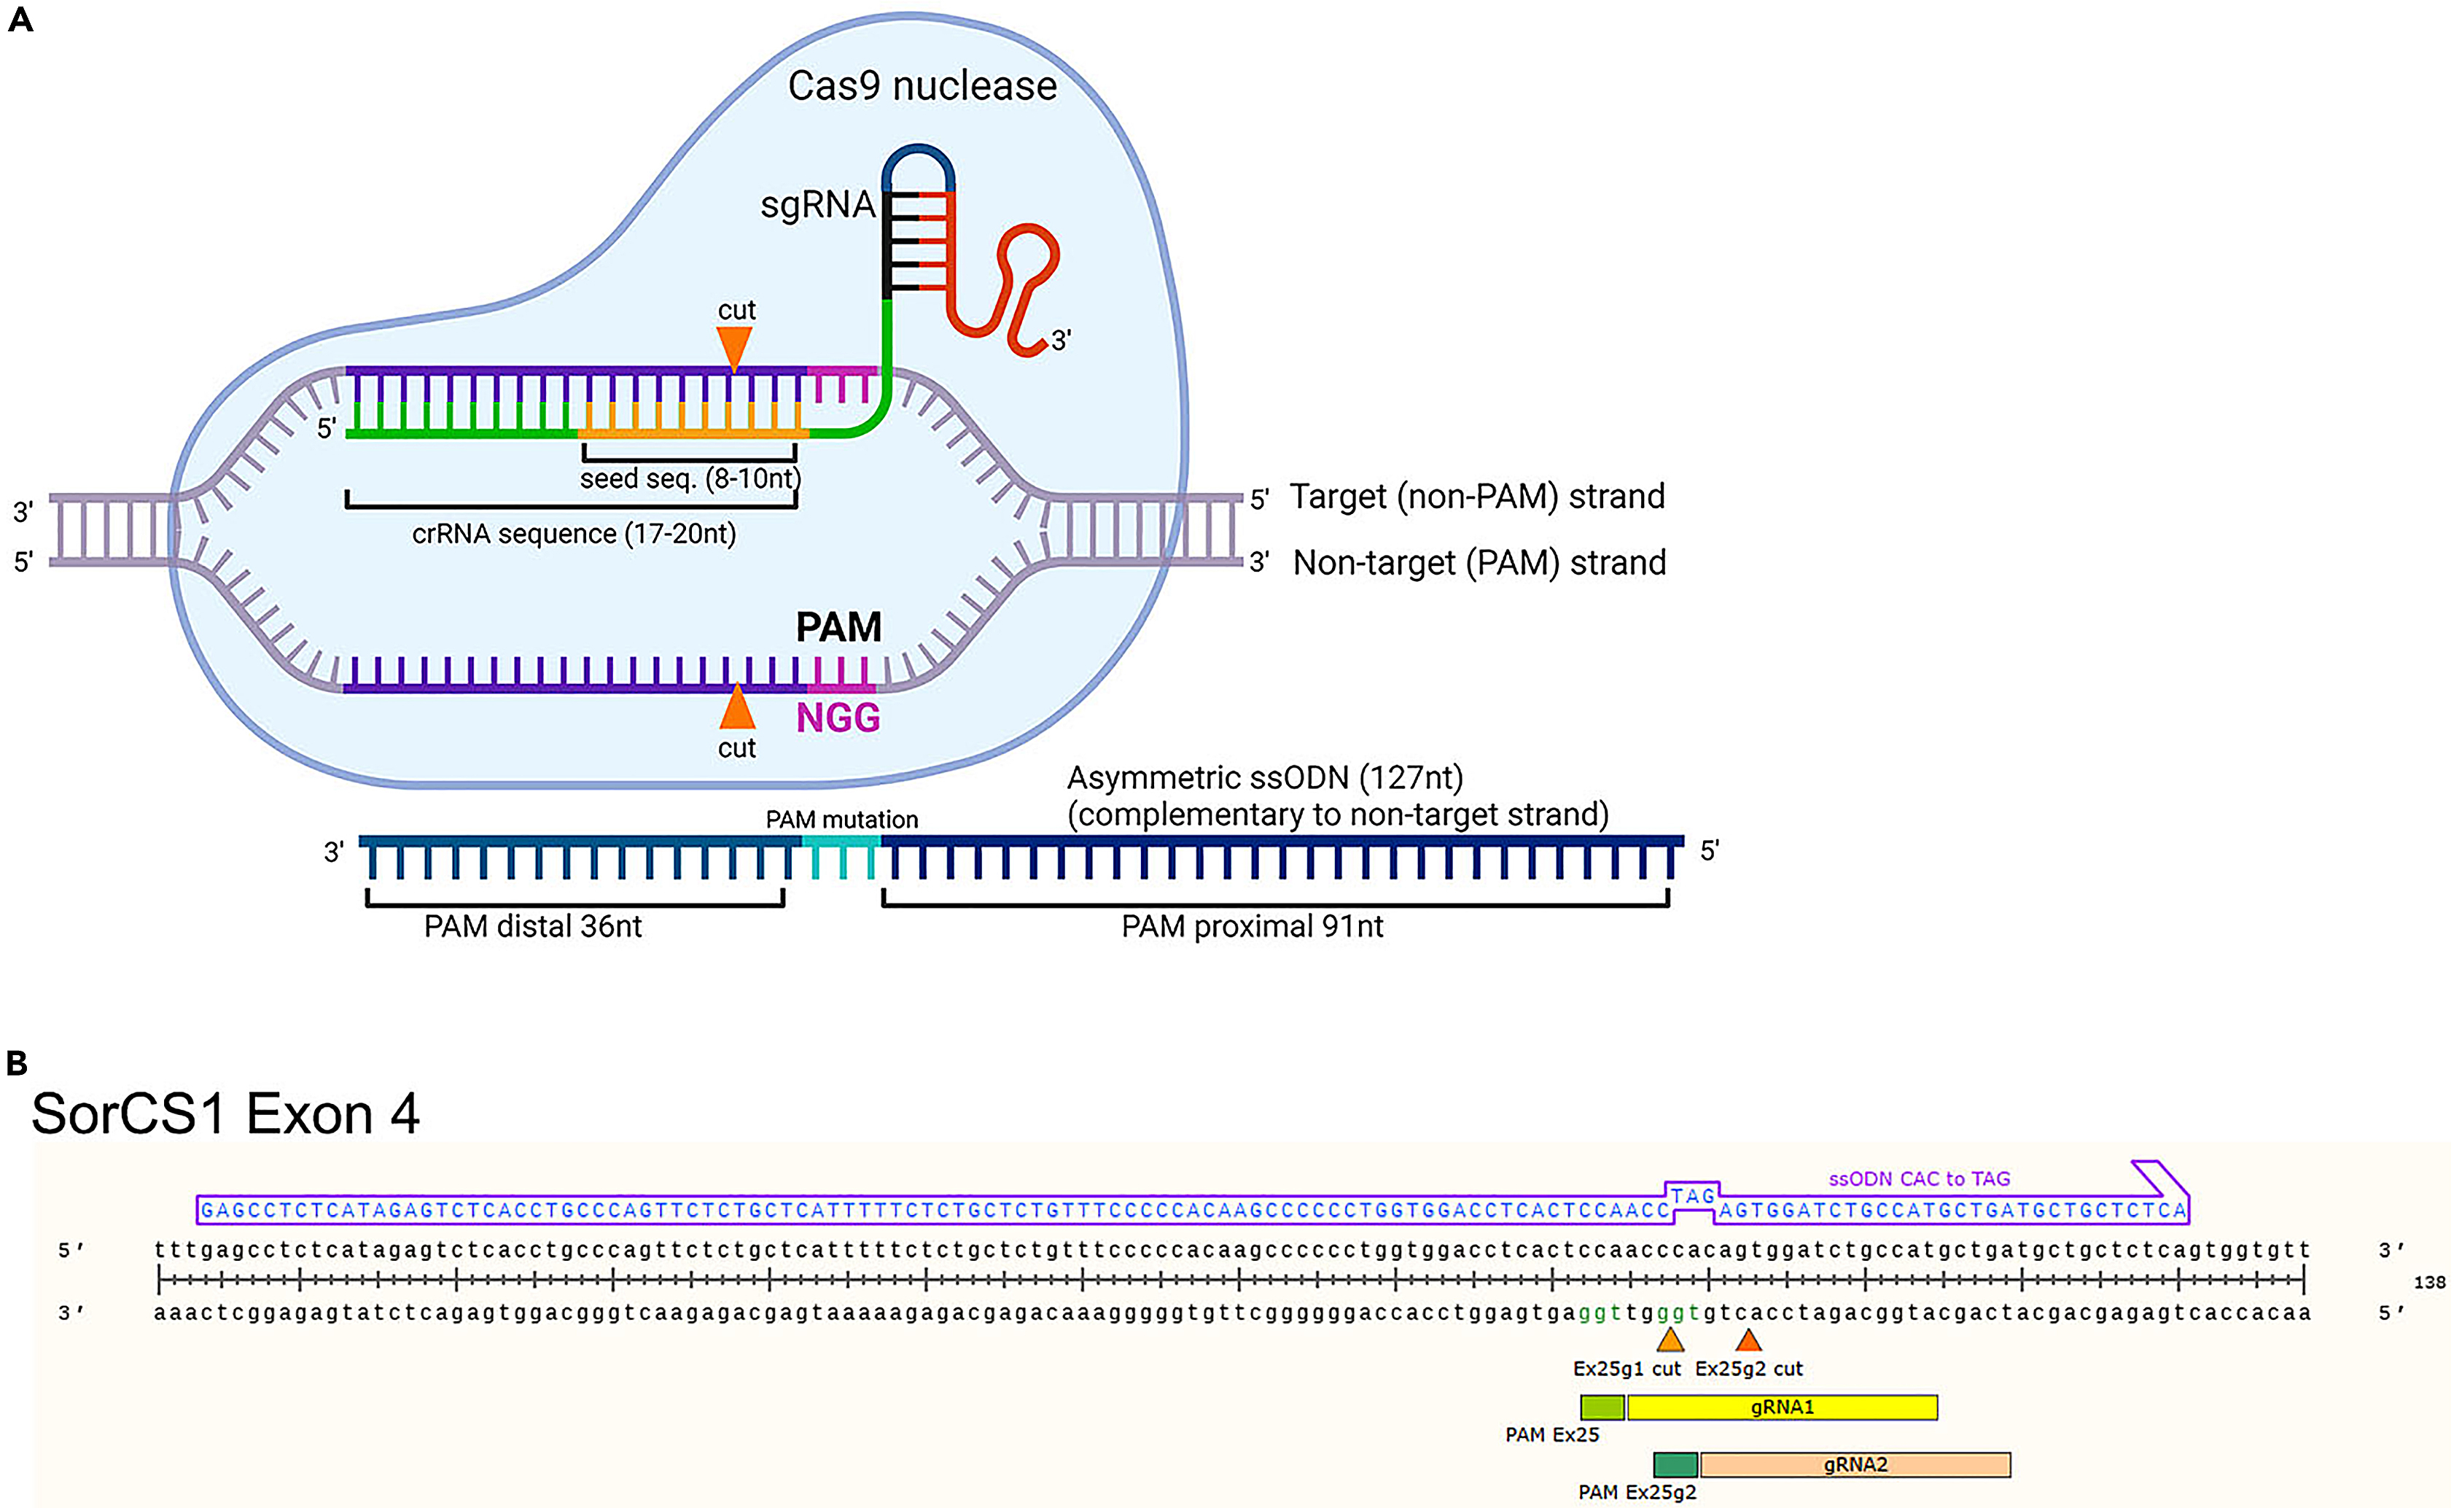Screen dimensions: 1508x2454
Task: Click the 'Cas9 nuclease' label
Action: pos(922,86)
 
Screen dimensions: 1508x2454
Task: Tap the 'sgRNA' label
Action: pos(817,206)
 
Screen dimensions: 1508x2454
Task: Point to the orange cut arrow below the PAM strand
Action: pos(737,708)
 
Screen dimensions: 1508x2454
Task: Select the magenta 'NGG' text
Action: pos(838,718)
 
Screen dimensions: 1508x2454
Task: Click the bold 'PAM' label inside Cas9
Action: pos(838,627)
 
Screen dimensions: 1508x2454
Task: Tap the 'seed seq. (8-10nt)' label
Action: pos(690,479)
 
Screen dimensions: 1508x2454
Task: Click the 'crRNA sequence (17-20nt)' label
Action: pos(573,534)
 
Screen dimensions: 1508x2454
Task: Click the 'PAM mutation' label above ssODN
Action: pos(841,820)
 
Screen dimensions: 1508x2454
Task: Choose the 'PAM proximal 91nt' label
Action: pos(1252,927)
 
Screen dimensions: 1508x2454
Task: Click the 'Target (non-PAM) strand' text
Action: pos(1477,497)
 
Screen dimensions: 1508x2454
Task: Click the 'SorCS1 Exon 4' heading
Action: pos(225,1114)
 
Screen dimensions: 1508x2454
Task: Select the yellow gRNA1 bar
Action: pos(1781,1407)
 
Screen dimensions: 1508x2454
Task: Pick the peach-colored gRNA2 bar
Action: pos(1855,1465)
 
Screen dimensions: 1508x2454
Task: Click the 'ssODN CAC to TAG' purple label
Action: pos(1919,1179)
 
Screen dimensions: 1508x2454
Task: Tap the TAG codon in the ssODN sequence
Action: pos(1692,1196)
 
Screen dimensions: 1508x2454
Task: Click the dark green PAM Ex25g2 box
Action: pos(1675,1465)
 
